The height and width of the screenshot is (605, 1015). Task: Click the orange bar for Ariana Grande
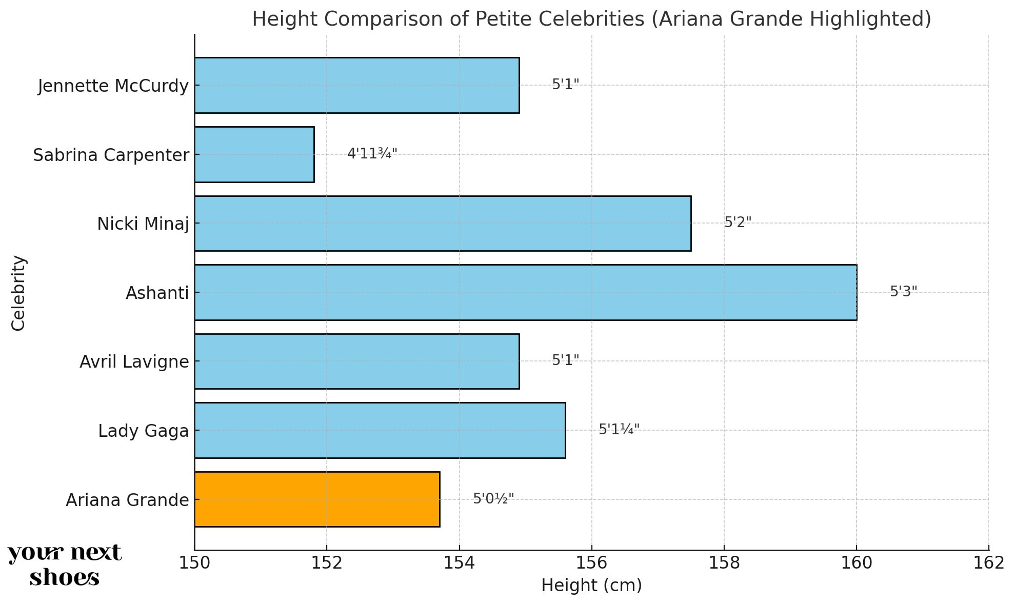[317, 499]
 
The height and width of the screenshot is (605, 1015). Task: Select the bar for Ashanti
[525, 292]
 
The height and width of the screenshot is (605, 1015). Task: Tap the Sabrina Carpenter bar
[254, 154]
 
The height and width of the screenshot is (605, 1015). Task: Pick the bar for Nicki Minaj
[442, 224]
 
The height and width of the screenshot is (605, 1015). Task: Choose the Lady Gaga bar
[380, 430]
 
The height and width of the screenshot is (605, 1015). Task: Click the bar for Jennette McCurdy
[356, 85]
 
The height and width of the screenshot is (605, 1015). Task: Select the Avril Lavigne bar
[356, 361]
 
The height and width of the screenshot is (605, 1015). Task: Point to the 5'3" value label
[903, 292]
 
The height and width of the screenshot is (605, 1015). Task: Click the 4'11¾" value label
[372, 154]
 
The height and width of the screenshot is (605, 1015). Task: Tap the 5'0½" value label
[493, 498]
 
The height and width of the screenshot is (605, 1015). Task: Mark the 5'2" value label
[738, 223]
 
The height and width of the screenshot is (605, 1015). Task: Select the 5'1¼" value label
[619, 430]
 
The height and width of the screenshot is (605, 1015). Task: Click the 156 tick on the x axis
[591, 563]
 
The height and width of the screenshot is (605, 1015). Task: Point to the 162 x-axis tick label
[988, 563]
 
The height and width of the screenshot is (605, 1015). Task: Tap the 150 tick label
[194, 563]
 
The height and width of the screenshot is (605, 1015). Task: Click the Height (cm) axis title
[591, 586]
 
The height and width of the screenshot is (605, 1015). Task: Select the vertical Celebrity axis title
[18, 293]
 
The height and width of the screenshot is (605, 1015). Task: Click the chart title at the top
[591, 19]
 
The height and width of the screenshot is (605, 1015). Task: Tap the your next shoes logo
[65, 565]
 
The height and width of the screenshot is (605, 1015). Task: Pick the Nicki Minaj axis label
[143, 224]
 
